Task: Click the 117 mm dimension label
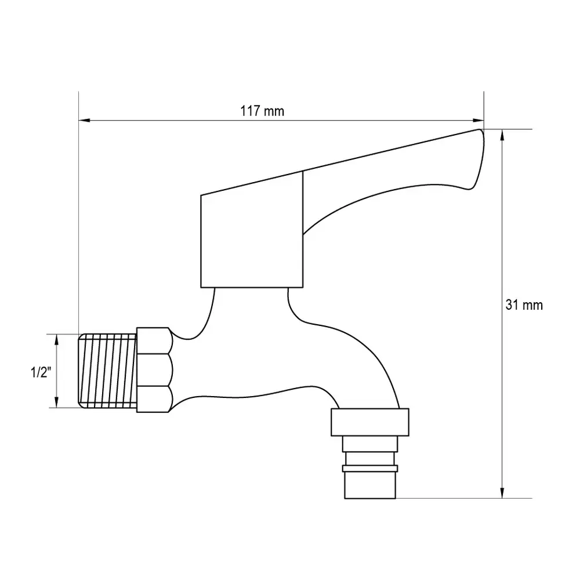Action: click(x=262, y=111)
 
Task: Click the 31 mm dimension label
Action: click(x=524, y=305)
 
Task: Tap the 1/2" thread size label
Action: click(x=41, y=372)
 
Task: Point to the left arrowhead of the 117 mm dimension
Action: click(x=84, y=120)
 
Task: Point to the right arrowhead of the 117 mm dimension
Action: click(x=478, y=120)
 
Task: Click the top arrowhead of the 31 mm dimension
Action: click(x=502, y=135)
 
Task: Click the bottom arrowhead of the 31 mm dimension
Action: click(x=502, y=492)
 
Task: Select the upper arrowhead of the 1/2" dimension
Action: click(x=57, y=340)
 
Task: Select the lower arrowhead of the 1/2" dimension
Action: click(x=57, y=402)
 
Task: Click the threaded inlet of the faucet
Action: click(x=108, y=371)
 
